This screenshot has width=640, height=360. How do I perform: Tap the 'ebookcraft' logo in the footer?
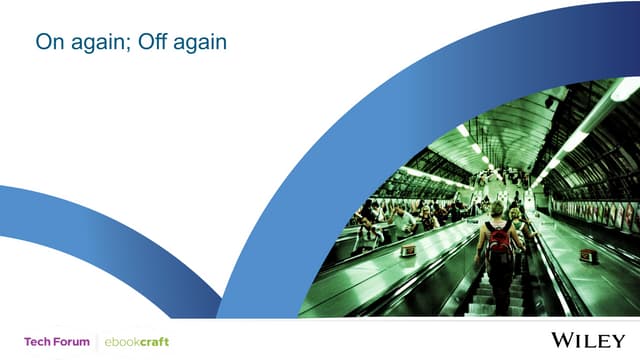tap(138, 341)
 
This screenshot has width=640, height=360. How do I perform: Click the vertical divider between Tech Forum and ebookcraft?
tap(97, 341)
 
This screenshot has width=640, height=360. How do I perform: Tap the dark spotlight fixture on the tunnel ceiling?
tap(550, 102)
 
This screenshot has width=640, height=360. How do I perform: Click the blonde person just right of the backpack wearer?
tap(516, 217)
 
